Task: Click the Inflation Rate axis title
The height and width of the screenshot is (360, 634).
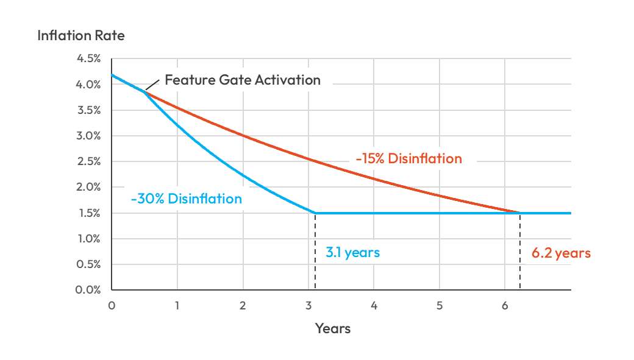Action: (x=80, y=35)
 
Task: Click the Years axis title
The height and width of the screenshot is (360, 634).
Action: (x=333, y=328)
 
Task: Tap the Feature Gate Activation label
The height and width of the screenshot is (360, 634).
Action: (x=243, y=80)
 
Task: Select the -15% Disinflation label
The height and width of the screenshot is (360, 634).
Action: (x=409, y=159)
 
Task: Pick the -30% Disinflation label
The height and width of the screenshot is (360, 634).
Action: (x=186, y=199)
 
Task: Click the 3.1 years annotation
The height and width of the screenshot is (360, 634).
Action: (x=352, y=252)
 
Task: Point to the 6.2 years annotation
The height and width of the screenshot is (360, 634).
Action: (x=561, y=253)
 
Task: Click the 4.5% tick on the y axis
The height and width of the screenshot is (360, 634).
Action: (x=89, y=59)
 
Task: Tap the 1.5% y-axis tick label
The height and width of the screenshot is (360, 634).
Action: (x=89, y=213)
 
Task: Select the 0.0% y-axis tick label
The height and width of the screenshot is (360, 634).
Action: (x=89, y=290)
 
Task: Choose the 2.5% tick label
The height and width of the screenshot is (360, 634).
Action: (x=89, y=162)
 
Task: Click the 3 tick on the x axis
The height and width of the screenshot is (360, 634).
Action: (x=308, y=306)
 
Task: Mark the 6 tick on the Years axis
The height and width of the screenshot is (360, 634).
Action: (x=505, y=306)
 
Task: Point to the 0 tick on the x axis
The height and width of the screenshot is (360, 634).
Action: (x=112, y=306)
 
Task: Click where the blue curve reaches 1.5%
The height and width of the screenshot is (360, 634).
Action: (x=315, y=213)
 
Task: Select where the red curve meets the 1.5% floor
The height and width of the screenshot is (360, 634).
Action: (x=520, y=213)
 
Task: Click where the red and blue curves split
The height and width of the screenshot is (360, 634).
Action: (x=144, y=91)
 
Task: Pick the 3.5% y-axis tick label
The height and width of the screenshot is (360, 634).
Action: (x=89, y=110)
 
